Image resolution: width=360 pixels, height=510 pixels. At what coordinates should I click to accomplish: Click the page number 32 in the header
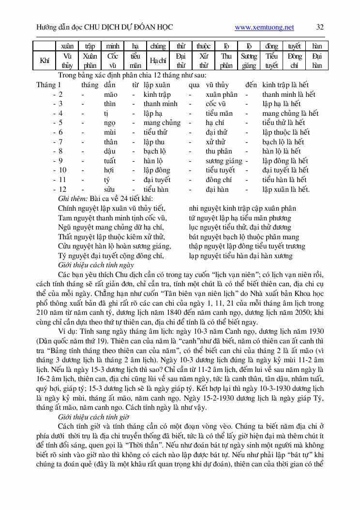tap(320, 27)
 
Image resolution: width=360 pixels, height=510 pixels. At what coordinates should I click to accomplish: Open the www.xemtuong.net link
tap(264, 27)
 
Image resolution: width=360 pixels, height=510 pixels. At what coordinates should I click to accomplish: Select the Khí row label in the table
tap(45, 61)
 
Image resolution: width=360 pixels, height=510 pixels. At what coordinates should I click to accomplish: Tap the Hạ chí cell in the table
tap(158, 61)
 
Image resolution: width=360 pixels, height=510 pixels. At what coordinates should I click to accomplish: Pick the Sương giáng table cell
tap(249, 61)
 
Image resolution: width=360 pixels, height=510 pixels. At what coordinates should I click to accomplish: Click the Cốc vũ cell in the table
tap(113, 61)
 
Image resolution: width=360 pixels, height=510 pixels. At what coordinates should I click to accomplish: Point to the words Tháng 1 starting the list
tap(46, 85)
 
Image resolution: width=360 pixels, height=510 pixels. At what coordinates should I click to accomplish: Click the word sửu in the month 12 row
tap(109, 189)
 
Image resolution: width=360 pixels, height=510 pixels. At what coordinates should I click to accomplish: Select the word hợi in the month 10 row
tap(109, 170)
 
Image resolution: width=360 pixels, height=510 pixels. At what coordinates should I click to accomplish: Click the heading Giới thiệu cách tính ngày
tap(96, 265)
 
